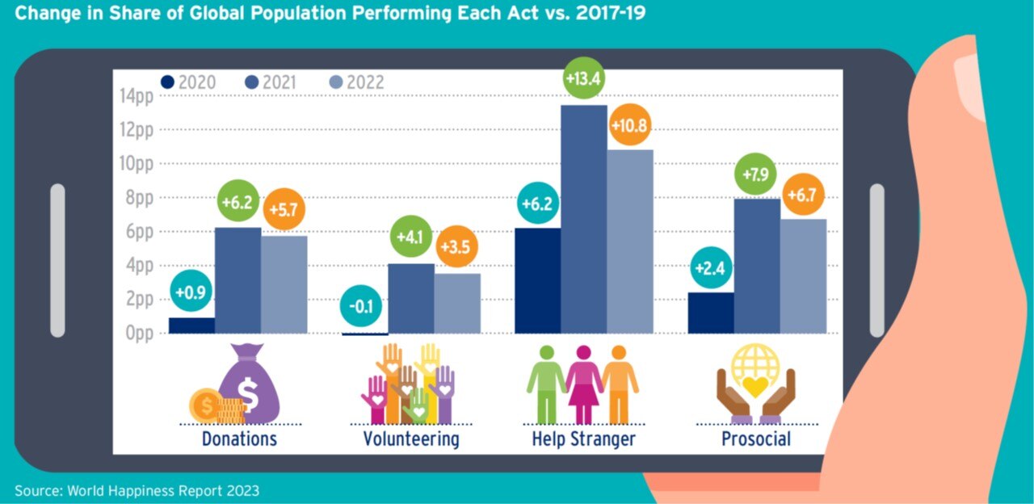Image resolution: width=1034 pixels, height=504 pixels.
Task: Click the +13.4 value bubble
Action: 583,78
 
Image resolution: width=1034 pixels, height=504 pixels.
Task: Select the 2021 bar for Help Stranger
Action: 583,218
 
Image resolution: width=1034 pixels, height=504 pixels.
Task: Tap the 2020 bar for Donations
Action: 191,325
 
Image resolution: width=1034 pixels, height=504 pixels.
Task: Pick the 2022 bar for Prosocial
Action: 803,275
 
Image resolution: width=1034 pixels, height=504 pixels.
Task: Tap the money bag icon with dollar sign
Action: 248,382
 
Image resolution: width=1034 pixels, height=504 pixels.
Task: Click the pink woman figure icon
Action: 583,384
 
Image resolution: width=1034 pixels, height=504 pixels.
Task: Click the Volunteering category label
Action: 410,439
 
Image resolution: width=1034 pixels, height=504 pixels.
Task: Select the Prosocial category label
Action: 755,439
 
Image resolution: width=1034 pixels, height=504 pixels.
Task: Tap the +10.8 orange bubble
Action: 630,126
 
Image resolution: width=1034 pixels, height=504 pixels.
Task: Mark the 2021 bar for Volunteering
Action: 410,298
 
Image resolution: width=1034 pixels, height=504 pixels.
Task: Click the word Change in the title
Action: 50,13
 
